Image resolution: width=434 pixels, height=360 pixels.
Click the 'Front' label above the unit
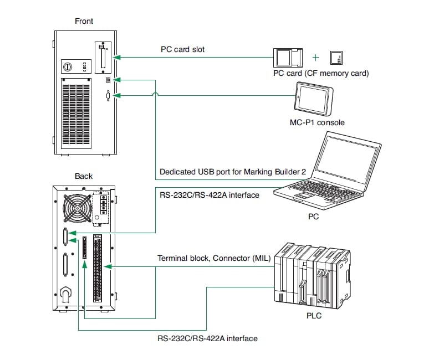pyautogui.click(x=84, y=22)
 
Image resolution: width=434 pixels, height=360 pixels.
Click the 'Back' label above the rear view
pyautogui.click(x=84, y=176)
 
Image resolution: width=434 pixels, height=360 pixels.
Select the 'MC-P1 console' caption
pyautogui.click(x=316, y=122)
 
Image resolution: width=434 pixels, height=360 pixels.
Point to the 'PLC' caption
pyautogui.click(x=313, y=316)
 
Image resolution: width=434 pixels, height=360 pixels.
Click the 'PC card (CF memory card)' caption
pyautogui.click(x=320, y=73)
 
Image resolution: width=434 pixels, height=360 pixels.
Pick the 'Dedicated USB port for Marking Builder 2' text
pyautogui.click(x=232, y=172)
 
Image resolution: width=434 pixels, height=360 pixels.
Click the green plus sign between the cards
pyautogui.click(x=316, y=57)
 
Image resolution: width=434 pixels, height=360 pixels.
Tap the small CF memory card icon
pyautogui.click(x=335, y=58)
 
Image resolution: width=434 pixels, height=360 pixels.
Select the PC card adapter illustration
pyautogui.click(x=289, y=58)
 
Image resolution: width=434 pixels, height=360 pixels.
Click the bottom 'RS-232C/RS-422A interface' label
pyautogui.click(x=208, y=338)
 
